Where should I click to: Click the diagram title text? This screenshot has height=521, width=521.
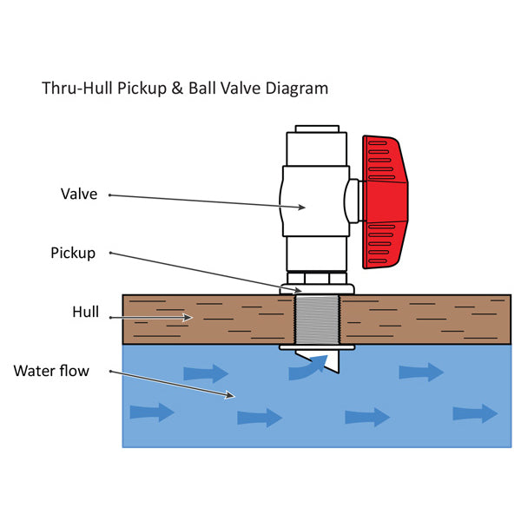[185, 89]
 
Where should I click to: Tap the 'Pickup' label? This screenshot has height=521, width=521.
[73, 254]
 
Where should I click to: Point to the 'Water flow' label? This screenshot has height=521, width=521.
[51, 371]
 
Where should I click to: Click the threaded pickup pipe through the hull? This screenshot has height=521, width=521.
[320, 320]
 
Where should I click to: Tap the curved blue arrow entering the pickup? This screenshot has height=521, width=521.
[304, 370]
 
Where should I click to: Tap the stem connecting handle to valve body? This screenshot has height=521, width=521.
[353, 201]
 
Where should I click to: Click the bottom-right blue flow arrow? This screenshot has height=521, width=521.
[475, 412]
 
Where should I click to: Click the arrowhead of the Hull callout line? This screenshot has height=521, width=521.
[189, 318]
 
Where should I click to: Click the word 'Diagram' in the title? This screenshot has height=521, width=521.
[300, 89]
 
